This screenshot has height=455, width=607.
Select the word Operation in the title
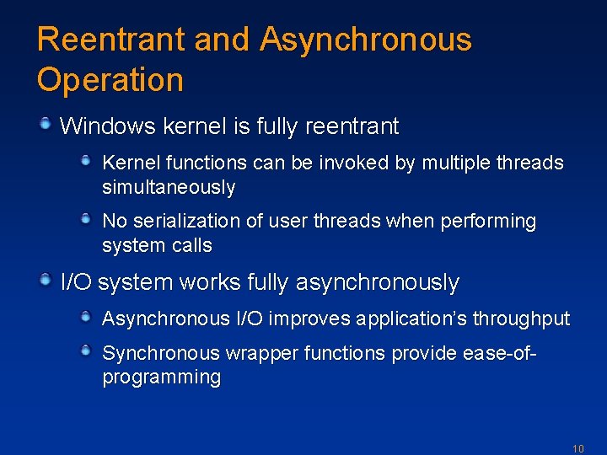coord(110,80)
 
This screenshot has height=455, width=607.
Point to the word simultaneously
coord(169,187)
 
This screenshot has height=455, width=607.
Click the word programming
coord(161,377)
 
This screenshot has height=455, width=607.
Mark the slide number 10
coord(577,448)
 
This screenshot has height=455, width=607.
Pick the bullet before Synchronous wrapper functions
coord(87,351)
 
